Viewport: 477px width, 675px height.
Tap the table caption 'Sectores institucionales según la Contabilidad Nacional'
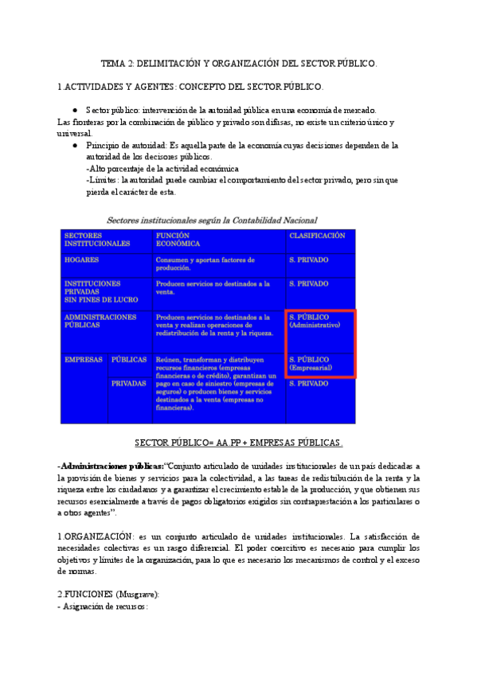click(x=213, y=220)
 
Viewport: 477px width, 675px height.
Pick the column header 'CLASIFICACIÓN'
click(x=317, y=236)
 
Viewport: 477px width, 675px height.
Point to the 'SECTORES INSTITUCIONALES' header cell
click(x=97, y=240)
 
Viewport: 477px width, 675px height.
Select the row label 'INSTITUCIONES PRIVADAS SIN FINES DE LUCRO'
click(x=92, y=291)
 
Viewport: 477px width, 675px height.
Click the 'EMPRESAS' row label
click(x=84, y=359)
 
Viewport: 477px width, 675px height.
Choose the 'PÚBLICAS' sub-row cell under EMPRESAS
click(x=129, y=359)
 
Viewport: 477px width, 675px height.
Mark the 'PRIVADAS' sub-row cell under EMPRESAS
click(x=129, y=383)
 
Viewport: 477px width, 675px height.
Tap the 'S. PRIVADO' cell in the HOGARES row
click(x=309, y=259)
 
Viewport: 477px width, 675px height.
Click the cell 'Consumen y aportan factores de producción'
click(x=205, y=263)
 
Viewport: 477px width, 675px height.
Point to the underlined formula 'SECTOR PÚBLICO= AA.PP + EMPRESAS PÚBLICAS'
click(x=239, y=443)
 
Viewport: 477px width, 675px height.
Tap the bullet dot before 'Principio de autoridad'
click(x=74, y=146)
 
